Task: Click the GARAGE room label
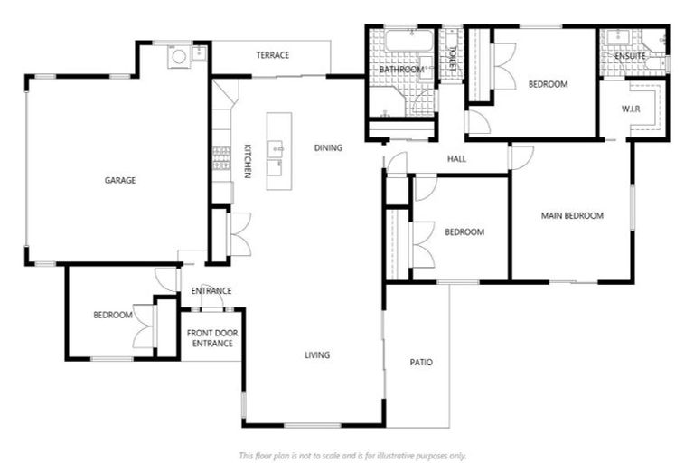[119, 180]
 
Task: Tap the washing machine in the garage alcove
[179, 56]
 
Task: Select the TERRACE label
[272, 55]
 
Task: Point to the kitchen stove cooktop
[220, 158]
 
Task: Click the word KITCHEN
[247, 160]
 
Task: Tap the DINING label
[328, 147]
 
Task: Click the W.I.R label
[631, 109]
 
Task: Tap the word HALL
[456, 159]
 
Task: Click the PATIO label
[421, 362]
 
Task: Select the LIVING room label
[316, 354]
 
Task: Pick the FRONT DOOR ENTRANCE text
[211, 338]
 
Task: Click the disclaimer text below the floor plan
[352, 455]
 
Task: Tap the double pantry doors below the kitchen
[239, 234]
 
